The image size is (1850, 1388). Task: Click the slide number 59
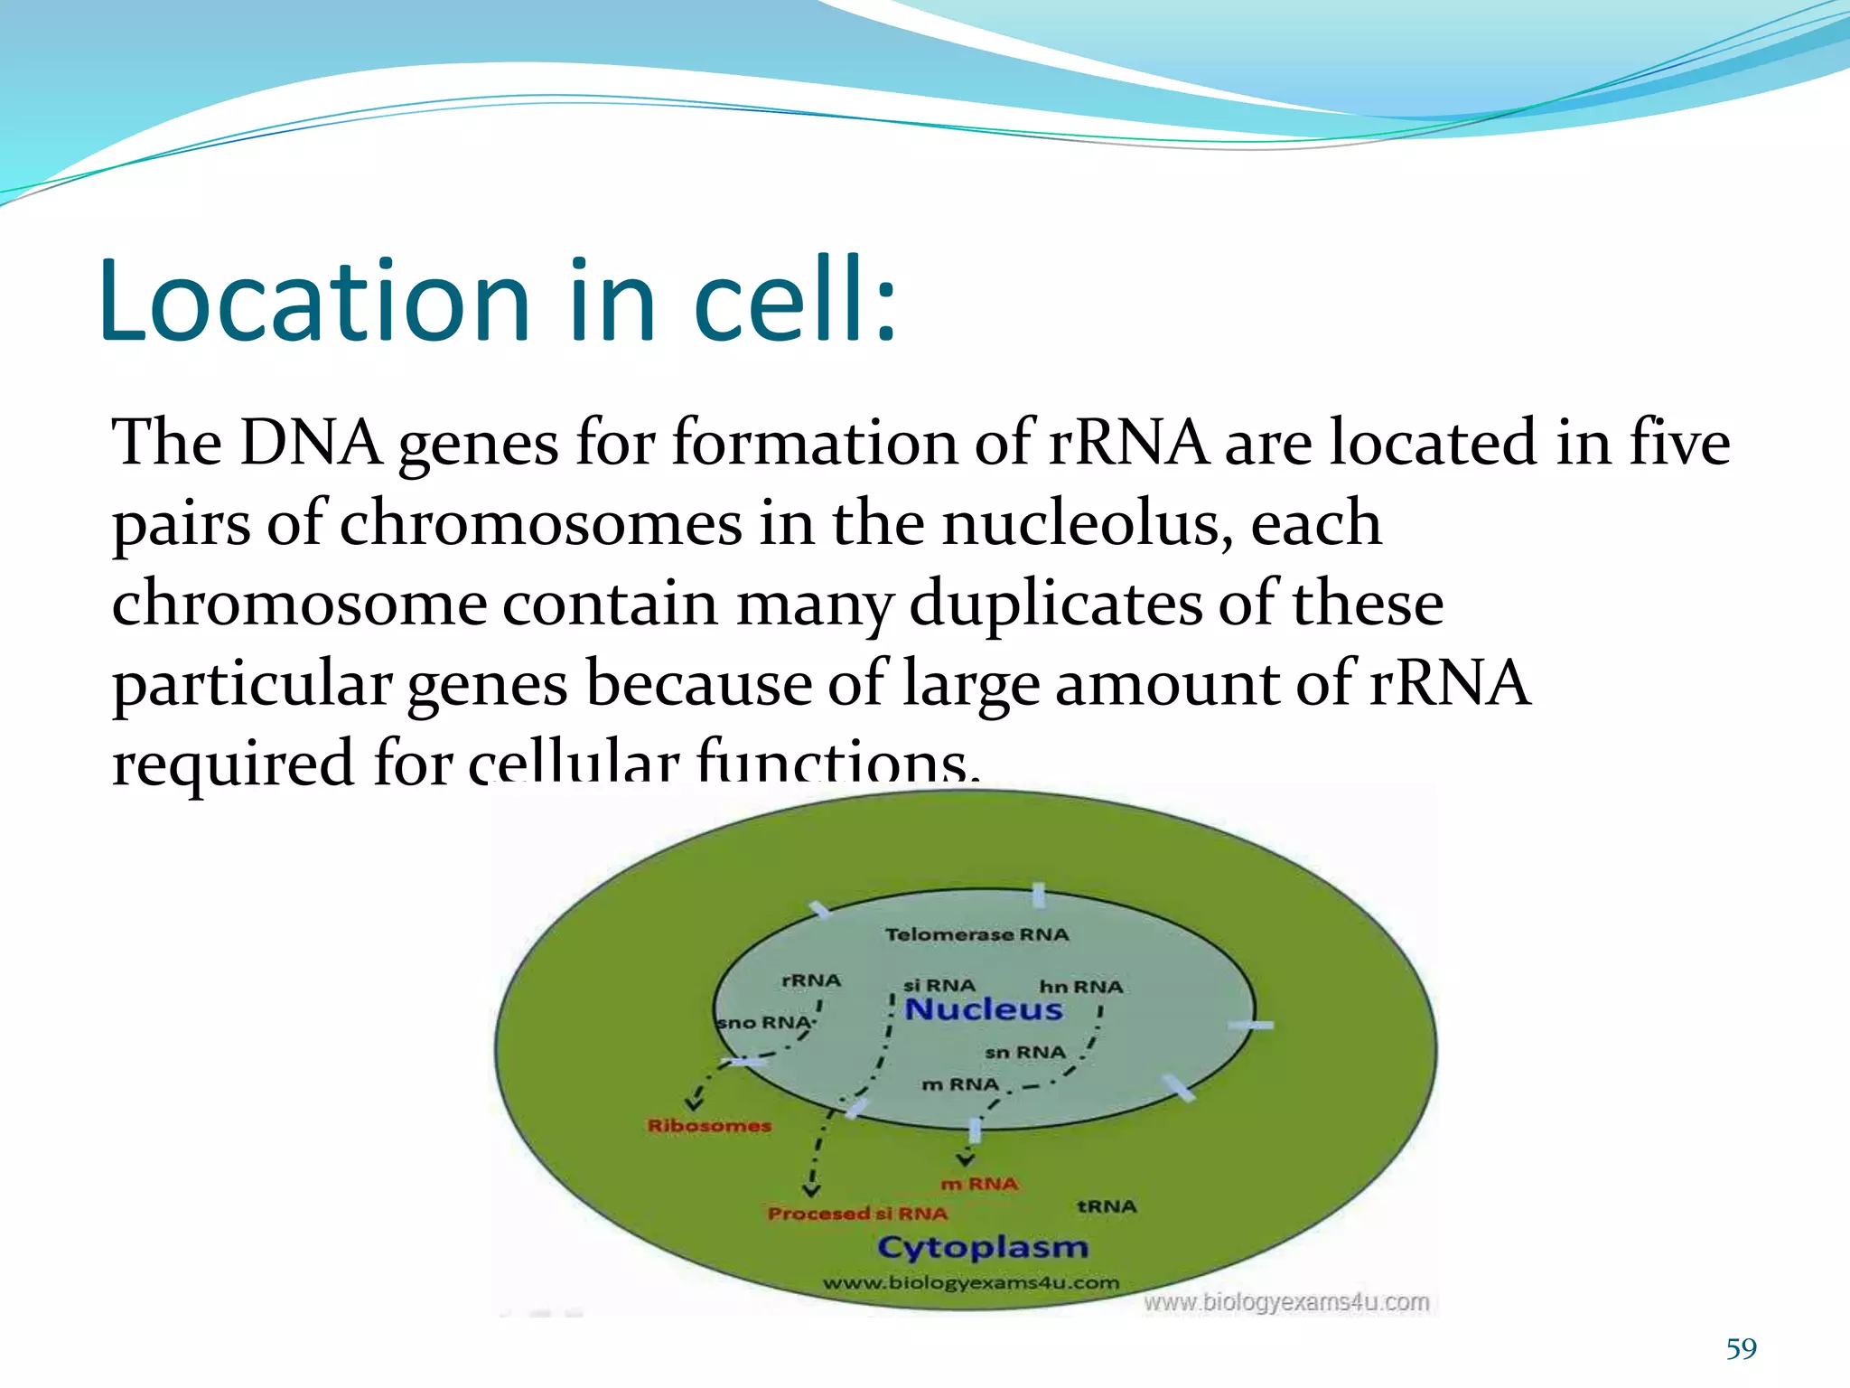click(x=1741, y=1348)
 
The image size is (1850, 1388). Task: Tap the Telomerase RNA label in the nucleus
click(x=976, y=934)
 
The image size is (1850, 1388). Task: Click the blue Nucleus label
click(x=984, y=1009)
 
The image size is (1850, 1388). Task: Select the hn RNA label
click(x=1080, y=987)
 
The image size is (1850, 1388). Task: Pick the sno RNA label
click(x=764, y=1023)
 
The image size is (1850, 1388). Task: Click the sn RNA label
click(x=1024, y=1053)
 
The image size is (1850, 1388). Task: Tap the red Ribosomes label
click(x=709, y=1126)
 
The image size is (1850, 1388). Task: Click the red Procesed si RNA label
click(x=857, y=1214)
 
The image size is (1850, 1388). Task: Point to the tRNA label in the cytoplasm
click(x=1107, y=1206)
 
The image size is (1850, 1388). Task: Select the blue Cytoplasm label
click(x=983, y=1248)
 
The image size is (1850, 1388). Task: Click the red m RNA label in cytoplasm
click(x=979, y=1184)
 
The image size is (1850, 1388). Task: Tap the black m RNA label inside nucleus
click(x=960, y=1084)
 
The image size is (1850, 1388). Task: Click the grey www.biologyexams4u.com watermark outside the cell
click(x=1286, y=1302)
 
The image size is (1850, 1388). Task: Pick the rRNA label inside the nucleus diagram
click(x=810, y=980)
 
